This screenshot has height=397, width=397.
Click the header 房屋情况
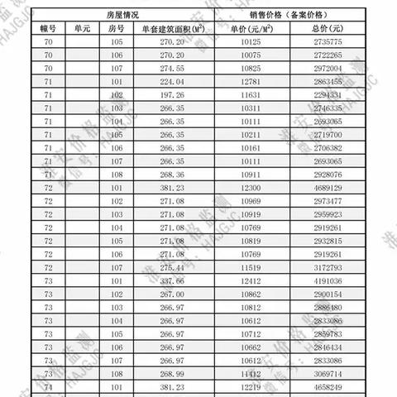123,16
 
